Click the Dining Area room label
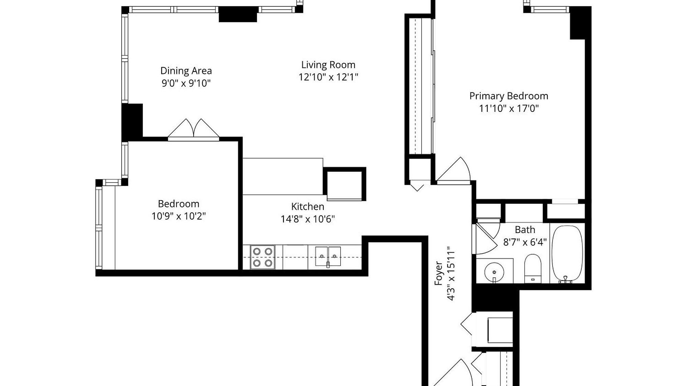(x=186, y=71)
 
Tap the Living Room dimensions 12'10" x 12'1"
(x=328, y=77)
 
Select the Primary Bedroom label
(x=509, y=96)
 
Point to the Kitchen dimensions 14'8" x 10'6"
(x=308, y=219)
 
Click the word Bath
(x=525, y=229)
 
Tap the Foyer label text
(x=439, y=273)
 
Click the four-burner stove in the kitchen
(x=263, y=257)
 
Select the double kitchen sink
(x=328, y=256)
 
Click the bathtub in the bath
(x=567, y=254)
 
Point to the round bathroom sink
(x=494, y=272)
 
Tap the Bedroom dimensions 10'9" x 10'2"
(x=179, y=216)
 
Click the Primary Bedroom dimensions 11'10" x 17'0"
(x=509, y=108)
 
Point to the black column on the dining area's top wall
(x=238, y=14)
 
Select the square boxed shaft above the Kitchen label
(x=345, y=184)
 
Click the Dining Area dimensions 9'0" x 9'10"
(x=186, y=83)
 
